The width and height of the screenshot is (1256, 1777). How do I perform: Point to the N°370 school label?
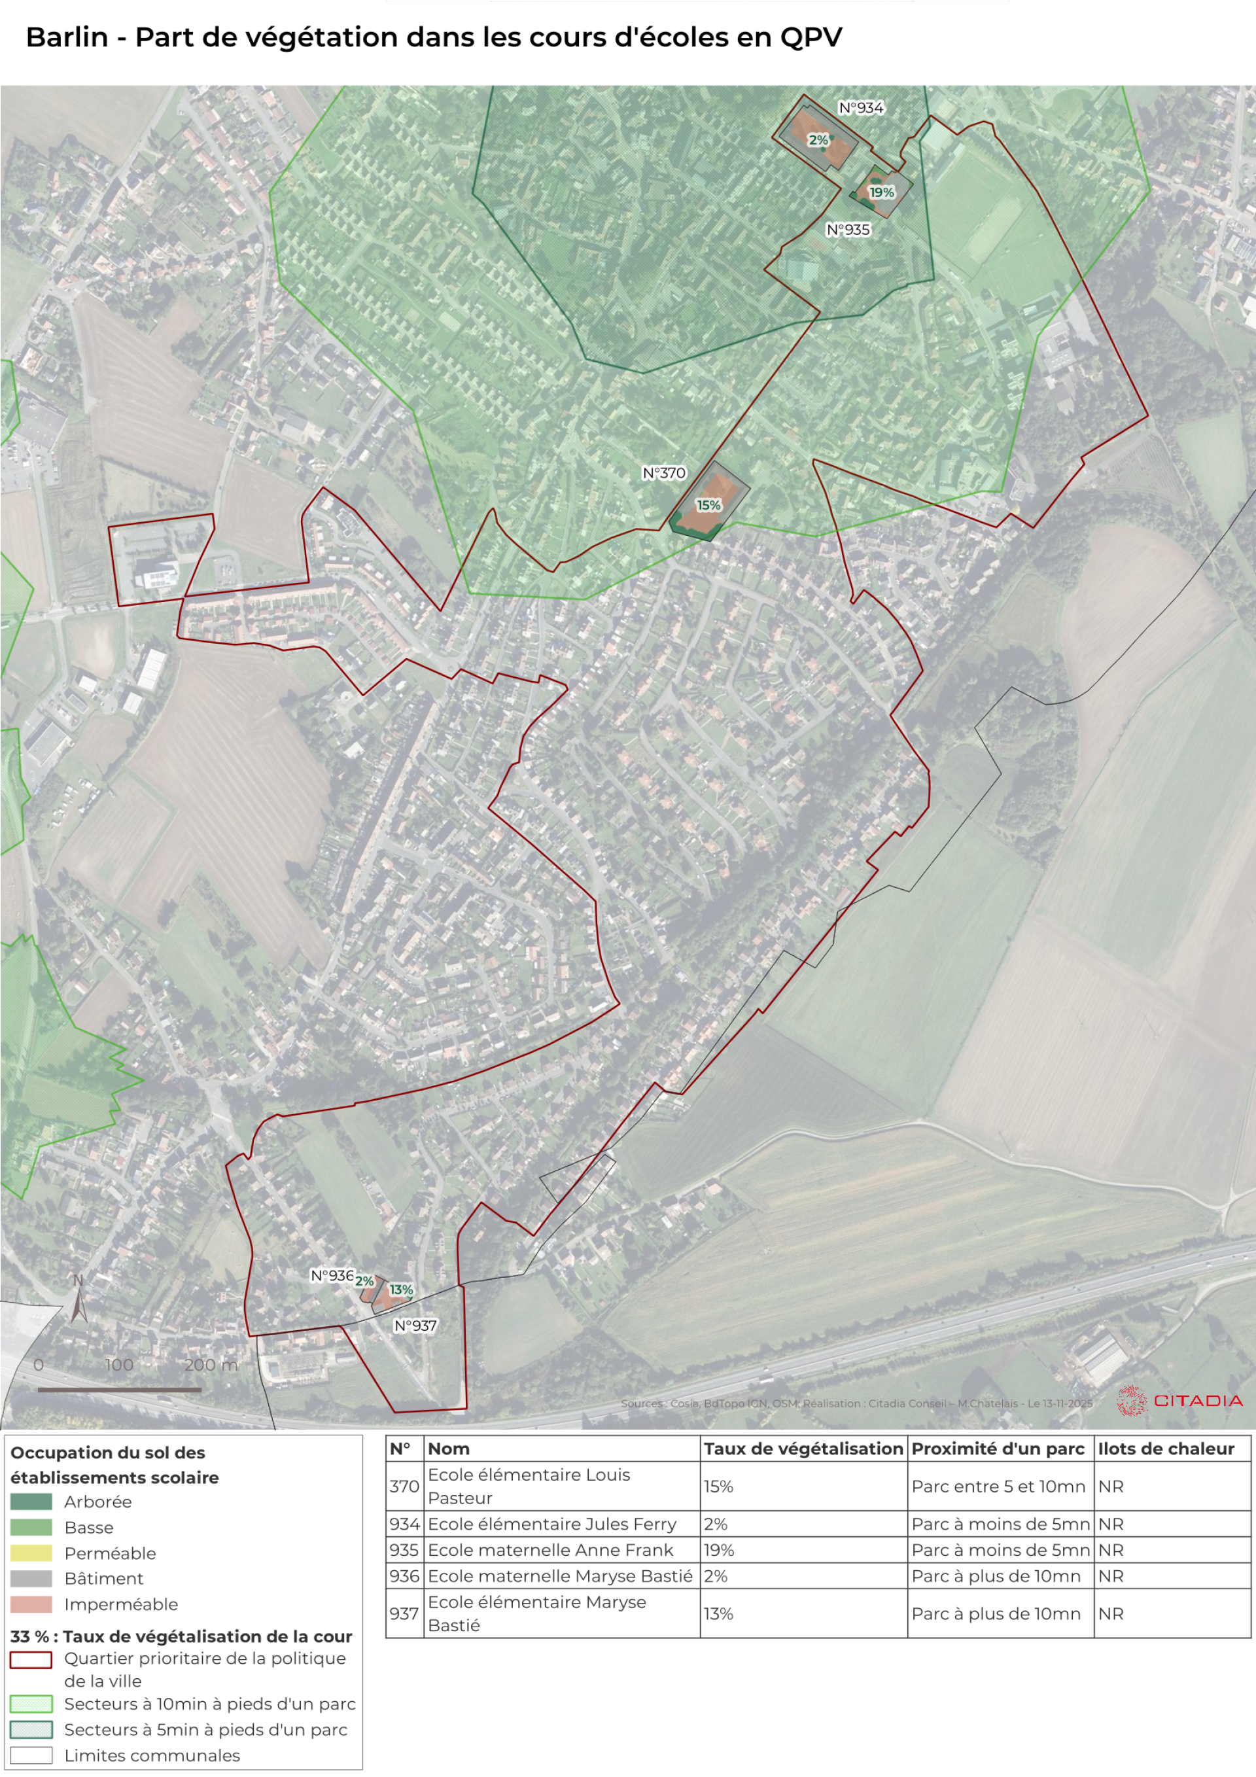[x=664, y=473]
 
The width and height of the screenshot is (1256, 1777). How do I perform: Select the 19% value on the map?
[x=881, y=192]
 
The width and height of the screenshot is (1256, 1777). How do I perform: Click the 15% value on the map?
[x=708, y=505]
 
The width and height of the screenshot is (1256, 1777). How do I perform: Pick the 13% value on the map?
[x=401, y=1290]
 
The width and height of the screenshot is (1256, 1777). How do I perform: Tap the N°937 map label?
[x=415, y=1325]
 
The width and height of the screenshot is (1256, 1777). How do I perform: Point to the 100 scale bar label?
[x=119, y=1365]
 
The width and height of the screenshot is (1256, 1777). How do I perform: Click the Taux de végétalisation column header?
[x=803, y=1449]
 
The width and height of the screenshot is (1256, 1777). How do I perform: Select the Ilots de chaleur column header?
[x=1166, y=1449]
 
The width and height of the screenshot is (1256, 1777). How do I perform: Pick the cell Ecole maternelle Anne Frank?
[x=550, y=1549]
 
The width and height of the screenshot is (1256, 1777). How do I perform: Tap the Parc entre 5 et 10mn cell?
[x=998, y=1486]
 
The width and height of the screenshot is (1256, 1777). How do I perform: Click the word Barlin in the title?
[x=67, y=37]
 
